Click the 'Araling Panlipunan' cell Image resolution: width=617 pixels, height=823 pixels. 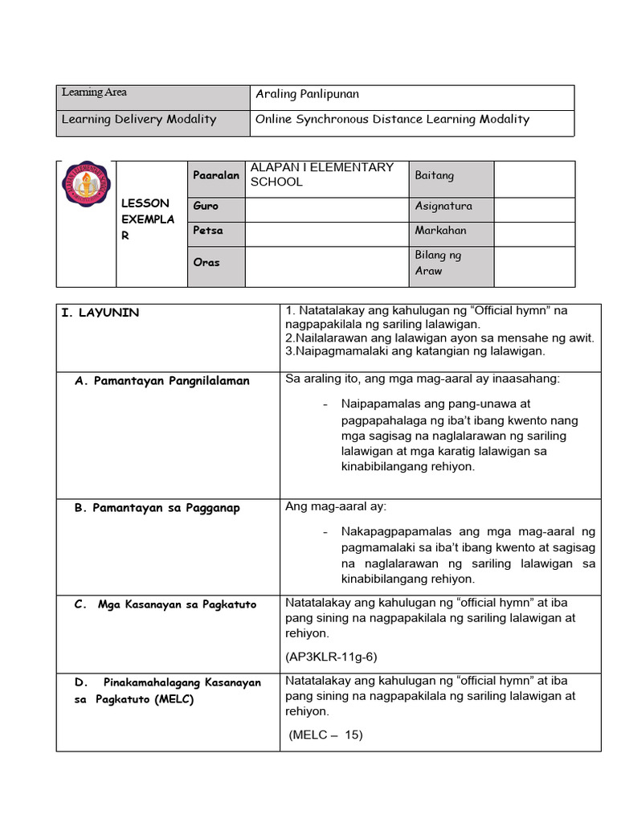[x=307, y=94]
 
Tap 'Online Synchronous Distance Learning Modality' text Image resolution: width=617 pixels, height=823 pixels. [x=392, y=119]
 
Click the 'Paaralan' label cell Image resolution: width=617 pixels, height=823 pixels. [x=216, y=175]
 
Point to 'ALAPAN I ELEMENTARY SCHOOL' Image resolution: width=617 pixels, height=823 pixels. [x=321, y=174]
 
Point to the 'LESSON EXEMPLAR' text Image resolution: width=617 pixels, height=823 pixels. [x=147, y=219]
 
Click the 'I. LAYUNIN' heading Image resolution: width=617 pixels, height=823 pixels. [x=100, y=313]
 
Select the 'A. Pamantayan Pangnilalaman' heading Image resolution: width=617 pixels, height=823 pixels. [x=162, y=381]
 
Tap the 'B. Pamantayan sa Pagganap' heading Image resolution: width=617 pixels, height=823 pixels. [x=157, y=508]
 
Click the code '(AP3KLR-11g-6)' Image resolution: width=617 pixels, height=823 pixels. [x=331, y=657]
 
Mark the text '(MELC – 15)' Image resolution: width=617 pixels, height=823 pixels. [x=325, y=734]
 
